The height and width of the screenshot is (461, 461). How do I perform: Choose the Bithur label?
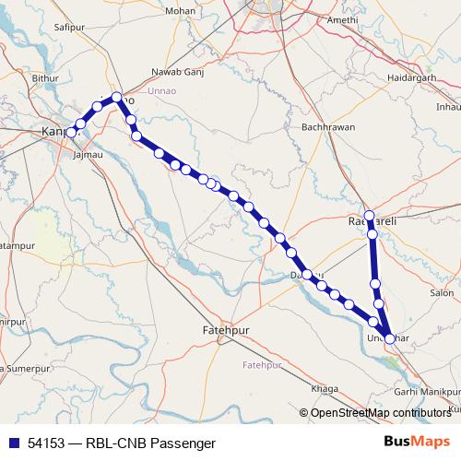click(x=44, y=79)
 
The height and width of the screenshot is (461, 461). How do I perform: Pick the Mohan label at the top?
click(x=178, y=11)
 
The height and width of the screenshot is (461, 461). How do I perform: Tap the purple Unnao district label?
click(x=188, y=90)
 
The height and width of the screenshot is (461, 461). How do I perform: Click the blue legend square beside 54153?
click(x=15, y=443)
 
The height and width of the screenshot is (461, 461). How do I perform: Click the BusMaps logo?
click(x=419, y=442)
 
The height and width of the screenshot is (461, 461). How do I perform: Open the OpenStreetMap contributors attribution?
click(x=380, y=413)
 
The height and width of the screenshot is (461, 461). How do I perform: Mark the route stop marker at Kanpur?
click(x=71, y=133)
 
